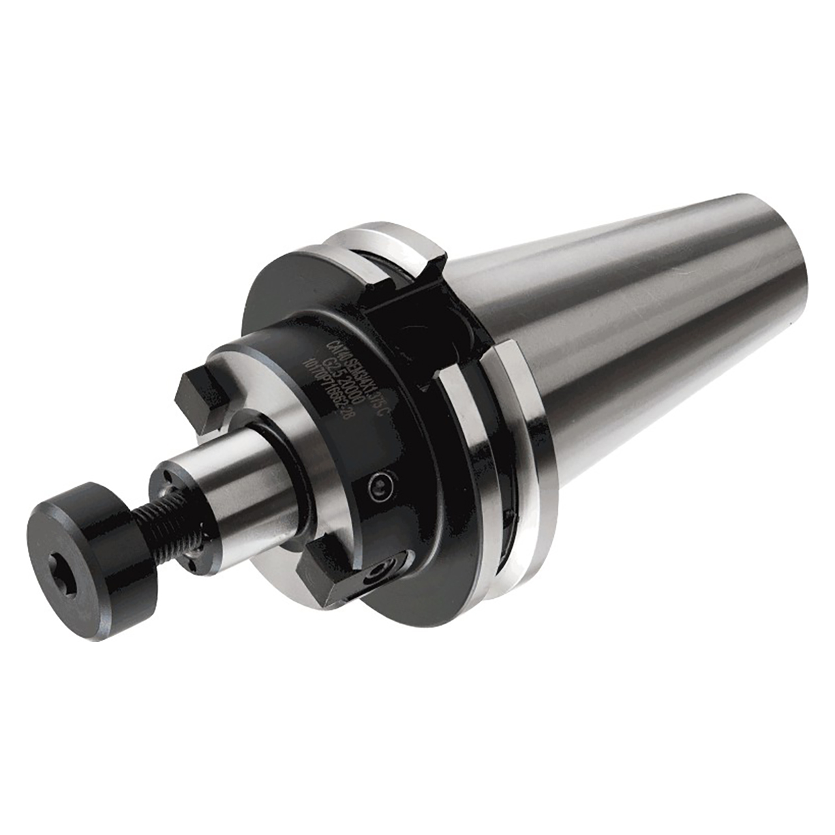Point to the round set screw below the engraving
point(380,486)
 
